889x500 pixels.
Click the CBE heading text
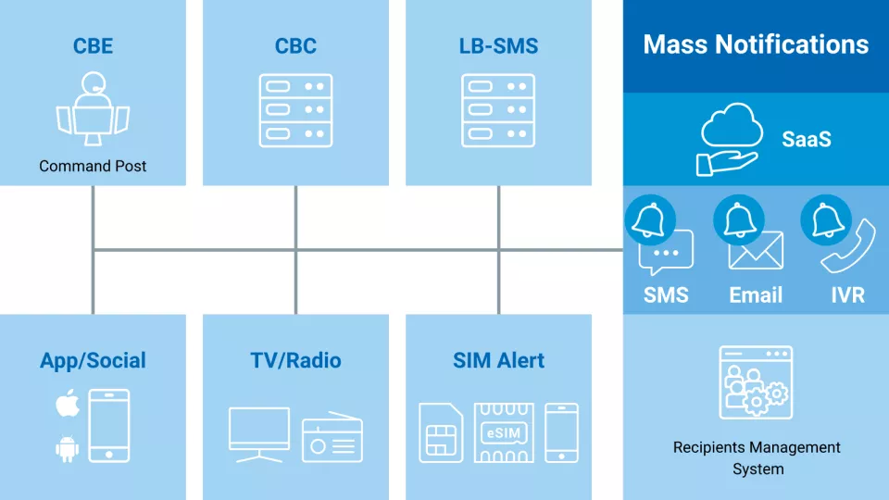(93, 46)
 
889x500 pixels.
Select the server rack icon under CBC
(295, 109)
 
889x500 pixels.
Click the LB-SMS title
(498, 46)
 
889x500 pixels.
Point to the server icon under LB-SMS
(498, 109)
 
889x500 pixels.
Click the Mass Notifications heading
(756, 44)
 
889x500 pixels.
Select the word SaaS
(806, 140)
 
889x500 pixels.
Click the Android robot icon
(67, 449)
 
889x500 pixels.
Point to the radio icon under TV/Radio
(332, 438)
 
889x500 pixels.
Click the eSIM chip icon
(503, 432)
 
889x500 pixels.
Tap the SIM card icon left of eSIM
(441, 432)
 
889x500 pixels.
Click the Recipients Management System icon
(755, 382)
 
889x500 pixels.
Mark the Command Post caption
(93, 167)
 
